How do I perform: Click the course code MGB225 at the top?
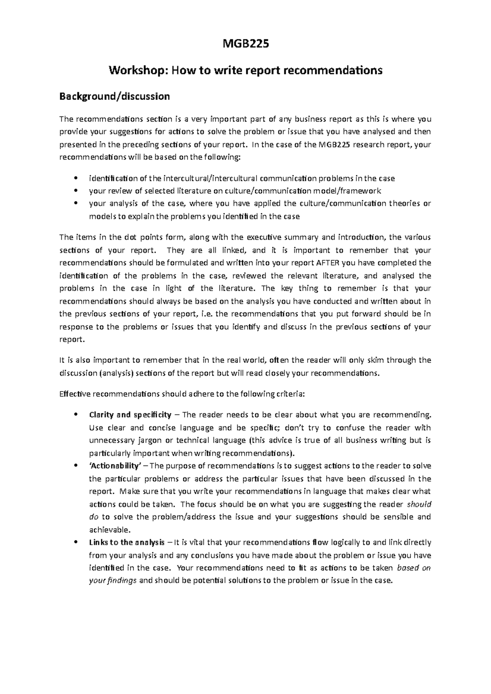(x=245, y=44)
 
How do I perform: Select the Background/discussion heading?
(x=114, y=96)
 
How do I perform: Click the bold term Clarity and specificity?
(x=130, y=415)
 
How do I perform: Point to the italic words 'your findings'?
(x=113, y=581)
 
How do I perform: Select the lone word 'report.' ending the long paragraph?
(x=72, y=339)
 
